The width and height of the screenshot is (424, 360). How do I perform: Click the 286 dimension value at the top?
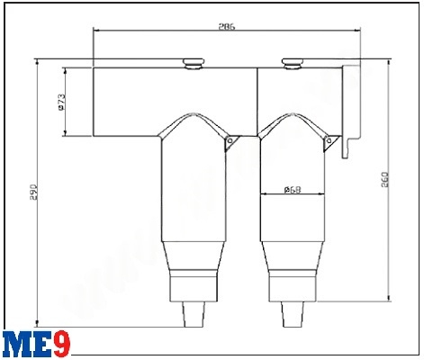pos(227,28)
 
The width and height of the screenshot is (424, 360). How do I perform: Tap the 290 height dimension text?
pos(33,193)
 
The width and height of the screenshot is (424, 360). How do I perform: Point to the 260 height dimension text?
pos(384,185)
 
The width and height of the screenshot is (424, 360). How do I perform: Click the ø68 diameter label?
pos(292,189)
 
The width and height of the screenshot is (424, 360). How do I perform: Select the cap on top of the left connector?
pos(194,63)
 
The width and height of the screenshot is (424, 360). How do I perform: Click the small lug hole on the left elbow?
pos(230,142)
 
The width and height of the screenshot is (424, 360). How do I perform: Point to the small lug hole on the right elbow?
pos(330,142)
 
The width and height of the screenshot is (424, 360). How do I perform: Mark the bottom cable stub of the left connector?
pos(194,315)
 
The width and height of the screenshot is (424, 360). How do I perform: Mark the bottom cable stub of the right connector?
pos(293,315)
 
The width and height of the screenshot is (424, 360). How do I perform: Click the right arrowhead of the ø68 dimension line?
pos(324,195)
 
